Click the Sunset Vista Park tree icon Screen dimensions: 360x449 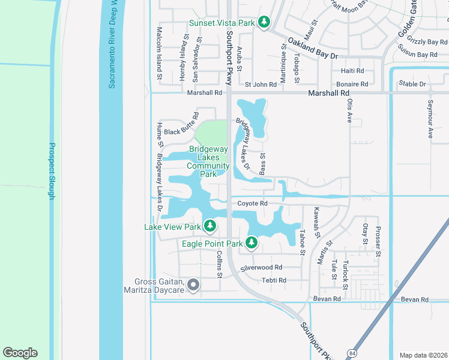pos(264,23)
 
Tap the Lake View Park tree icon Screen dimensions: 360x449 pos(209,226)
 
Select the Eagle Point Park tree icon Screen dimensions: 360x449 pos(251,243)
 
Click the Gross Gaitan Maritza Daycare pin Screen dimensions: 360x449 pos(193,285)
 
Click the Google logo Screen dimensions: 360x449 pos(20,353)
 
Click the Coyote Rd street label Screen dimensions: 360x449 pos(252,203)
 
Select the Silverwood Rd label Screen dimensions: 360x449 pos(261,267)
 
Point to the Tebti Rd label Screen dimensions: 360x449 pos(274,280)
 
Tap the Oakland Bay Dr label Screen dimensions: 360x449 pos(313,49)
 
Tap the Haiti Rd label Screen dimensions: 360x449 pos(352,71)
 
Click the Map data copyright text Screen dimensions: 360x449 pos(423,355)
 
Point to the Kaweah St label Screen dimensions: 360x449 pos(317,221)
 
